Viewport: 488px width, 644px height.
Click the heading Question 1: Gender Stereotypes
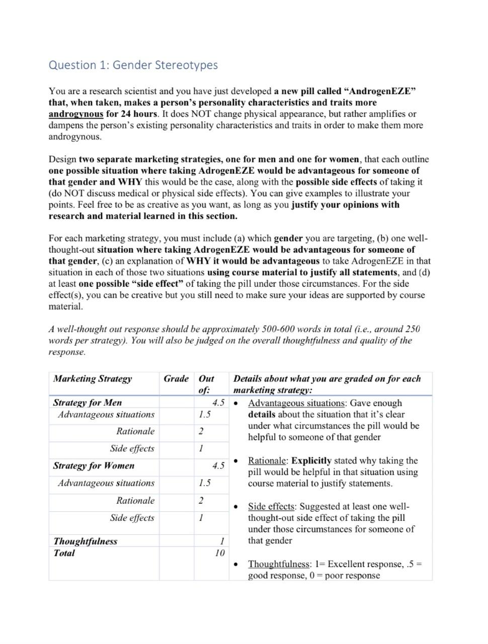[133, 65]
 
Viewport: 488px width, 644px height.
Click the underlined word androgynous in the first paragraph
[75, 114]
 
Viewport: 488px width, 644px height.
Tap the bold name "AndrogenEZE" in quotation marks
[380, 91]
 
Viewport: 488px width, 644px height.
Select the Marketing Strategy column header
[93, 378]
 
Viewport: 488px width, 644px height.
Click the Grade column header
[176, 378]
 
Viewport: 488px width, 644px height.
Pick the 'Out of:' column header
[206, 384]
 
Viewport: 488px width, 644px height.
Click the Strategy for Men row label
[88, 403]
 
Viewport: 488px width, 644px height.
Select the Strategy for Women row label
[94, 465]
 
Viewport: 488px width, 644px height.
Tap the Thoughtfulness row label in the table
[86, 541]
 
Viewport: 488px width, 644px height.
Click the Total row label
[64, 553]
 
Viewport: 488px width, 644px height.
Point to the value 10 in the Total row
[219, 553]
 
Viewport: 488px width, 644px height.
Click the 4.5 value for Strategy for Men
[218, 403]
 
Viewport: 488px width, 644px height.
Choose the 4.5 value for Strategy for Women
[218, 465]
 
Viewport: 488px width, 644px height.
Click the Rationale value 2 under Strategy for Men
[201, 431]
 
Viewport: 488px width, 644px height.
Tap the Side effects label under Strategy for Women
[132, 518]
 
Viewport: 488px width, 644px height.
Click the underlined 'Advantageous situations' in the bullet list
[297, 403]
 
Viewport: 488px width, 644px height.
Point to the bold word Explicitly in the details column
[311, 460]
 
